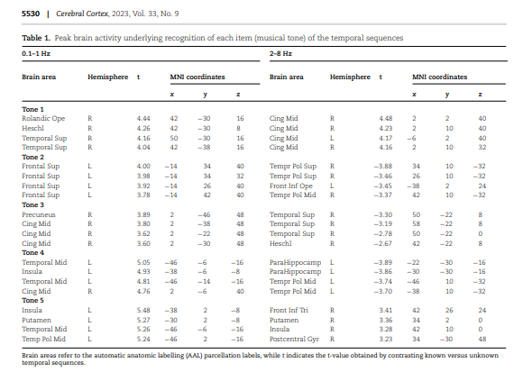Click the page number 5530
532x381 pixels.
pos(31,14)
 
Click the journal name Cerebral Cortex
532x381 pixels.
pos(82,14)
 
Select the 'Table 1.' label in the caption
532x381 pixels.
pos(36,38)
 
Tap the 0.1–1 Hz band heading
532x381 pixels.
pos(36,53)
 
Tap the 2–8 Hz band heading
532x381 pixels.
pos(280,53)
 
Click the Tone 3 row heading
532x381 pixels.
pos(32,204)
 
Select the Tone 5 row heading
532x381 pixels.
pos(32,300)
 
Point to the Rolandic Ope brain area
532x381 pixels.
pos(43,118)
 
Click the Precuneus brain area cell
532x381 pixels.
pos(39,214)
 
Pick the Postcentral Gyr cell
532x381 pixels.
pos(294,339)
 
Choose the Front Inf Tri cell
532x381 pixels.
pos(289,310)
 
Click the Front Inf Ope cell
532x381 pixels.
pos(291,186)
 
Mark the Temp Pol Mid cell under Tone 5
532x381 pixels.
pos(44,339)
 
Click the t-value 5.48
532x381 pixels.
pos(143,310)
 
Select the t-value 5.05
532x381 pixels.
pos(143,262)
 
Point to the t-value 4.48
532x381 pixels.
pos(386,118)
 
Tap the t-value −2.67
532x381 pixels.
pos(383,243)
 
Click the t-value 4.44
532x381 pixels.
pos(143,118)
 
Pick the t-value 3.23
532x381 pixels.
pos(386,339)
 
